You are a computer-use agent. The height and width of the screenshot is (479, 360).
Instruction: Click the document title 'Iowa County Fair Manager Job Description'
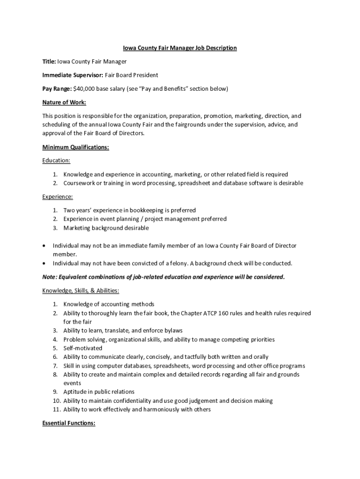click(180, 48)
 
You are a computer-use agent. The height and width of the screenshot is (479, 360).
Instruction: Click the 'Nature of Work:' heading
click(64, 102)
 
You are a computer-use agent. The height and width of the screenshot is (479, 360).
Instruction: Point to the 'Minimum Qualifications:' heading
click(75, 147)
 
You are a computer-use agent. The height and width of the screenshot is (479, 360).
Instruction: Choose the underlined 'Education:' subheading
click(56, 160)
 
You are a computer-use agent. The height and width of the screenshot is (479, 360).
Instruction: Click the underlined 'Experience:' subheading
click(58, 197)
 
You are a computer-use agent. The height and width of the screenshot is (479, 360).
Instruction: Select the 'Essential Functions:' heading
click(69, 423)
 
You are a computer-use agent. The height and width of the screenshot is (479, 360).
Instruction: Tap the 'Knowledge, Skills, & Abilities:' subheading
click(80, 290)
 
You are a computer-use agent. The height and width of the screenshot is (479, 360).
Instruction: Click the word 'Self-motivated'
click(83, 348)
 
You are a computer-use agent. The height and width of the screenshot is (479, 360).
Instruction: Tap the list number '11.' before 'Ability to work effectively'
click(56, 410)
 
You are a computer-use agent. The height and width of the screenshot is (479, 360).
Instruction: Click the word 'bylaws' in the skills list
click(173, 331)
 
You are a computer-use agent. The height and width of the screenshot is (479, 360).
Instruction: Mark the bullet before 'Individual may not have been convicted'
click(44, 263)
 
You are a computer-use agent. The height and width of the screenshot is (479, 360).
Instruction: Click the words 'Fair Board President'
click(131, 75)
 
